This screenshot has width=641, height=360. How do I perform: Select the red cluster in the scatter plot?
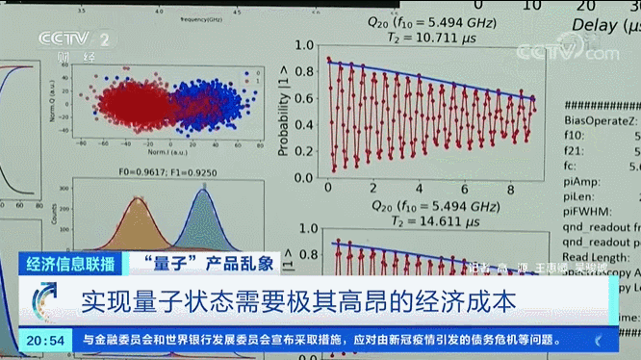click(x=120, y=101)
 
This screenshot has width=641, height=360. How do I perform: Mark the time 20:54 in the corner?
click(x=45, y=340)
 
